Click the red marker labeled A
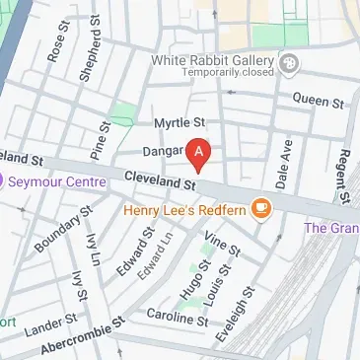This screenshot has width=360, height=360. click(200, 155)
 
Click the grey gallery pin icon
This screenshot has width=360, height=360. click(289, 66)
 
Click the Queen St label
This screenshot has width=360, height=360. click(319, 101)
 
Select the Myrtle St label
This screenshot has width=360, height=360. click(178, 122)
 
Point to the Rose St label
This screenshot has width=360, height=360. click(56, 65)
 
